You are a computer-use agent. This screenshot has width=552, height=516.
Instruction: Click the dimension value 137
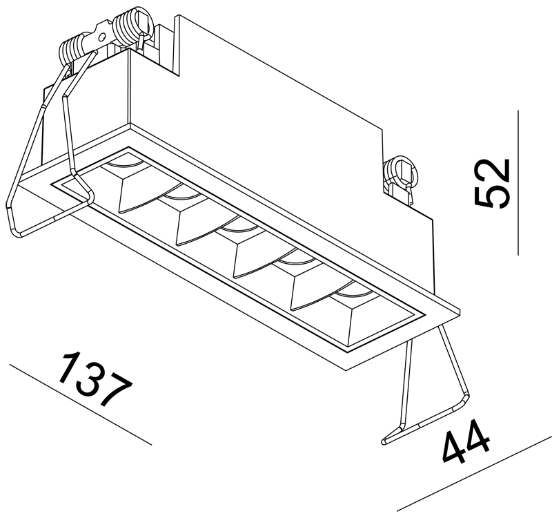(x=95, y=379)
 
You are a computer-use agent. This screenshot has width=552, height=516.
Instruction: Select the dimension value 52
(x=492, y=183)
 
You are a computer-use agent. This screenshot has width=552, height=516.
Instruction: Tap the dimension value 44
(x=465, y=441)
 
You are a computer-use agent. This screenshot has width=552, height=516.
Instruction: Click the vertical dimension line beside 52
(x=518, y=182)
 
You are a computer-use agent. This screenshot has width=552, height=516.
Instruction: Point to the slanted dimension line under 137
(x=80, y=404)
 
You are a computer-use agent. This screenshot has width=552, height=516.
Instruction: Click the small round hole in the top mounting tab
(x=101, y=37)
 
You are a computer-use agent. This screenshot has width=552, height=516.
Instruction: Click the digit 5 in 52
(x=492, y=196)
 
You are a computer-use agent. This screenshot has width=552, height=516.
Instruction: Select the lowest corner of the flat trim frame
(x=347, y=370)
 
